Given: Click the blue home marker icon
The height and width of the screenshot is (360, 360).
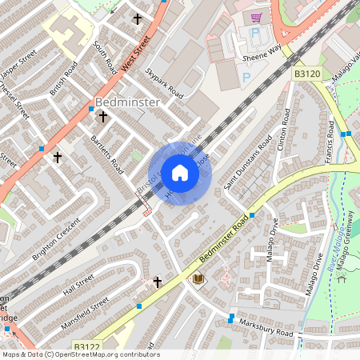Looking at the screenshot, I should (180, 173).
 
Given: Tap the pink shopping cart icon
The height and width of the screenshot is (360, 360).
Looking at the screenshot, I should (256, 18).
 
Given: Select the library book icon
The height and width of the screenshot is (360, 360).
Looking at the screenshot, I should (198, 278).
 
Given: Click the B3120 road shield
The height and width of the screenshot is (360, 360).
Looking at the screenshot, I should (306, 73).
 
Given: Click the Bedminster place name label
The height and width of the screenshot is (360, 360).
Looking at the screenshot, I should (128, 102).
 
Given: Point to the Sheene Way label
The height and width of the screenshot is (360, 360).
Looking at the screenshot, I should (263, 54).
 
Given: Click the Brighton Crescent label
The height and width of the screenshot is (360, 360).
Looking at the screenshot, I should (53, 241).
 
